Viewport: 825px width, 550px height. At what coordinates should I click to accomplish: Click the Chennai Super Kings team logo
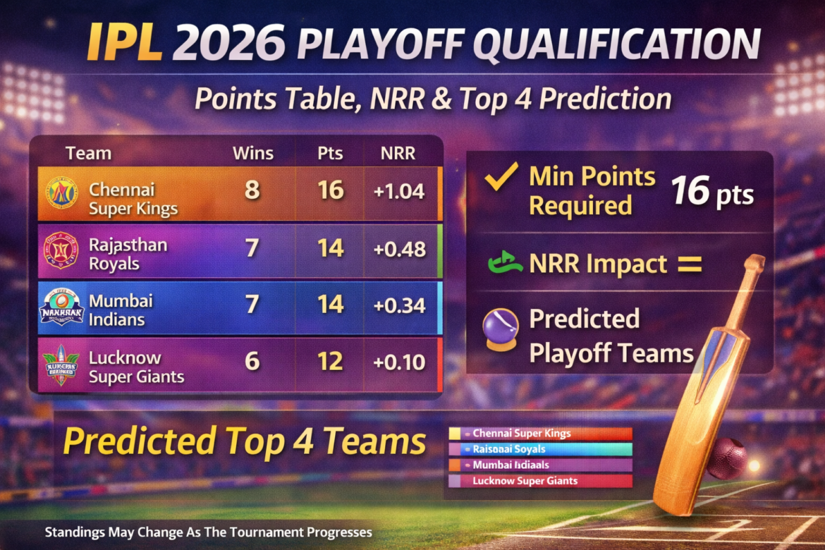(x=61, y=193)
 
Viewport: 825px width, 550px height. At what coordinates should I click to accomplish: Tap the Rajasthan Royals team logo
(x=61, y=250)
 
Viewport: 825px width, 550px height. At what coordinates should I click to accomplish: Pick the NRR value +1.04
(x=399, y=191)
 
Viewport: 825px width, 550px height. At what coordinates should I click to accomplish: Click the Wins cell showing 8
(x=252, y=191)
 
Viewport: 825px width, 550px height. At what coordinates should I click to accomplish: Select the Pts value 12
(x=330, y=362)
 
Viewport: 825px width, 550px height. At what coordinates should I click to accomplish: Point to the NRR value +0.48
(x=399, y=249)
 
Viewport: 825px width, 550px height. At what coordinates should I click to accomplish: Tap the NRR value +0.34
(x=399, y=305)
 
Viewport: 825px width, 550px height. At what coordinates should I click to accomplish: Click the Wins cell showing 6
(x=252, y=362)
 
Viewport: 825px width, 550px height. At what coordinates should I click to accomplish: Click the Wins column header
(x=252, y=154)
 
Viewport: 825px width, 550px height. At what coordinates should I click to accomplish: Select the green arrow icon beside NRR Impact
(x=504, y=264)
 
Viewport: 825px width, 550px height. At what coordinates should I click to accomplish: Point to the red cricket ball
(x=727, y=458)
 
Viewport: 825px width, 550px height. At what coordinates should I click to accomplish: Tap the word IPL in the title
(x=126, y=44)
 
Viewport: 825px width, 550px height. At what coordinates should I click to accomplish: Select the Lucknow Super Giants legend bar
(x=540, y=481)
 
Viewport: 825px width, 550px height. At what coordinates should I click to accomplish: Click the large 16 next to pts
(x=690, y=191)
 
